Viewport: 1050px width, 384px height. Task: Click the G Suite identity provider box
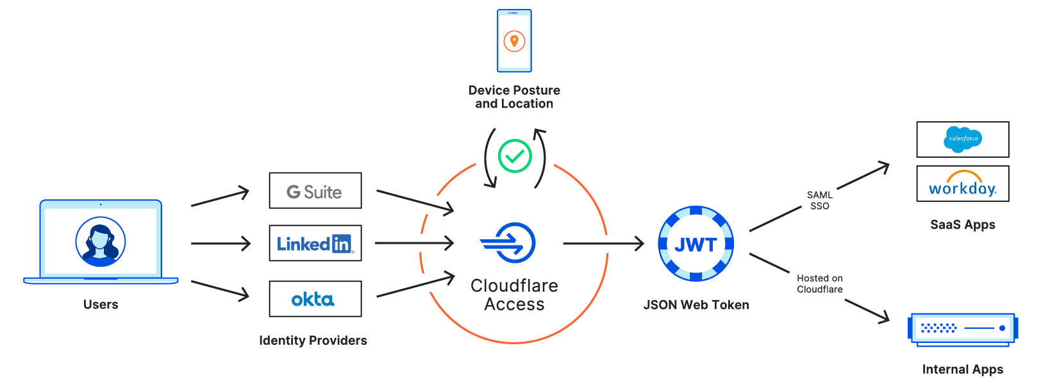tap(315, 190)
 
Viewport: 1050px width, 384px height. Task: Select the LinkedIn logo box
tap(315, 243)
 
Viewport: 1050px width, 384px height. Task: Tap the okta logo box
tap(315, 299)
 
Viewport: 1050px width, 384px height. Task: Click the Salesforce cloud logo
tap(962, 139)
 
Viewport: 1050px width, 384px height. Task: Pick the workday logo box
tap(962, 184)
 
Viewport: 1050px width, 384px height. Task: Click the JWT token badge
tap(696, 244)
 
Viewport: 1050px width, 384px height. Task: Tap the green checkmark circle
tap(515, 156)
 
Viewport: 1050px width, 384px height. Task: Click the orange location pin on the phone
tap(514, 42)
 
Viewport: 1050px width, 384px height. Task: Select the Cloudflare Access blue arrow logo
tap(509, 243)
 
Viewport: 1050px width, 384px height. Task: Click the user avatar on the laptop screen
tap(101, 242)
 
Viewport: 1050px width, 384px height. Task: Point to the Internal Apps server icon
tap(962, 329)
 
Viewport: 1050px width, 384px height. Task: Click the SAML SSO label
tap(819, 200)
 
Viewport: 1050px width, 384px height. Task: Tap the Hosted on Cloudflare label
tap(819, 283)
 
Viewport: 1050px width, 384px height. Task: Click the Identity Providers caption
tap(313, 340)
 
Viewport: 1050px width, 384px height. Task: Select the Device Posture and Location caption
tap(514, 97)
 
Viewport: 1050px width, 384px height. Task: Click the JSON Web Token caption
tap(696, 305)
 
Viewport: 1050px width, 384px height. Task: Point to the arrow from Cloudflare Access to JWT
tap(603, 244)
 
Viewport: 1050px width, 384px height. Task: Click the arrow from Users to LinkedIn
tap(221, 244)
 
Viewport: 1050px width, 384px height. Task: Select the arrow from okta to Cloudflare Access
tap(415, 287)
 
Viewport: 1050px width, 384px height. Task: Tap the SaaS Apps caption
tap(962, 225)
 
